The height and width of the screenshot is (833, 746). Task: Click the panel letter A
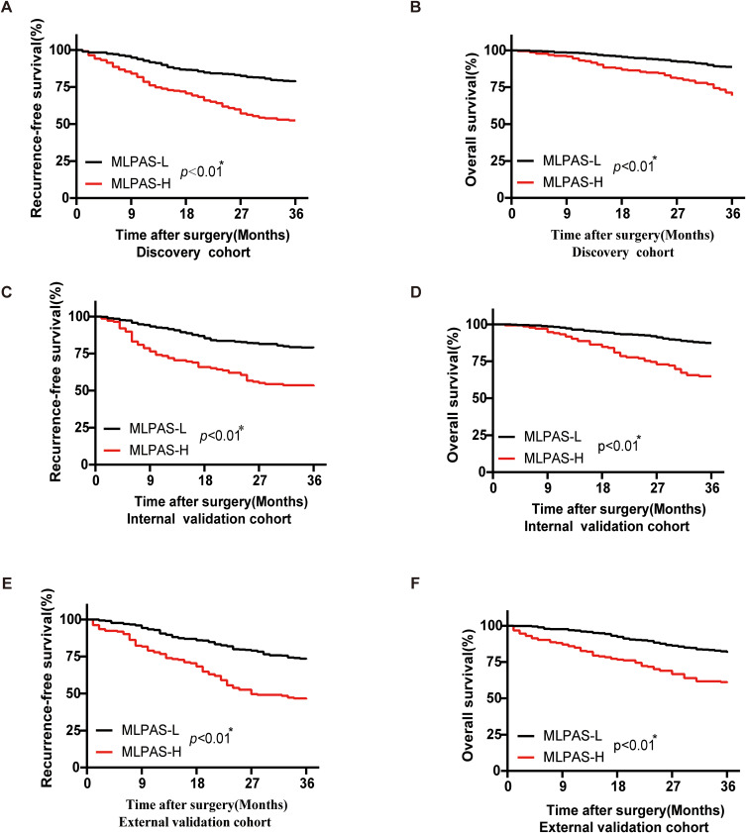(x=7, y=8)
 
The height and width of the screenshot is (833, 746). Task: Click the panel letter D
(x=416, y=292)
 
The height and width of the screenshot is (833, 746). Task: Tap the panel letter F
(x=415, y=583)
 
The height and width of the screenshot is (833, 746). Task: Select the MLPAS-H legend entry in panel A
(x=141, y=184)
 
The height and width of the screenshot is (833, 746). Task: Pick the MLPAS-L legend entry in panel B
(x=572, y=160)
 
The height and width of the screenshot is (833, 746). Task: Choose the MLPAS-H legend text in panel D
(x=554, y=458)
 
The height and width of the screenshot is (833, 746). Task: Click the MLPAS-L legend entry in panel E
(x=151, y=730)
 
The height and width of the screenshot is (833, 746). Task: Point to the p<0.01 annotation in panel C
(x=222, y=435)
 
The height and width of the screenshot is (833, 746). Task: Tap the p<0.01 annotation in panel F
(x=635, y=744)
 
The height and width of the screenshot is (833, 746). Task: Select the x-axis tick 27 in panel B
(x=678, y=214)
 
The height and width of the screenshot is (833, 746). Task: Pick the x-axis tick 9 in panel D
(x=548, y=487)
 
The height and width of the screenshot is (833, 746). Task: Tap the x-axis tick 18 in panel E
(x=197, y=783)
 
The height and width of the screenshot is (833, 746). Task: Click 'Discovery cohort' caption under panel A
(x=193, y=253)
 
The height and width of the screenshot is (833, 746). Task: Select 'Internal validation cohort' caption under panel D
(x=606, y=527)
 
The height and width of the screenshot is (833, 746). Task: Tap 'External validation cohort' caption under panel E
(x=195, y=822)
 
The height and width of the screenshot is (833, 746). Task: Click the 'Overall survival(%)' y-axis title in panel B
(x=471, y=119)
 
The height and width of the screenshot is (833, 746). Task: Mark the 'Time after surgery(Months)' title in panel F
(x=635, y=810)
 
